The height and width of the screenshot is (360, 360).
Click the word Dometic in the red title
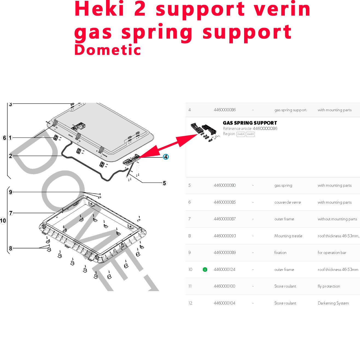pos(107,50)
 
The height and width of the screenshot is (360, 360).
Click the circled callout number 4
pos(166,157)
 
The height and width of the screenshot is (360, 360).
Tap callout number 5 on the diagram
pos(164,183)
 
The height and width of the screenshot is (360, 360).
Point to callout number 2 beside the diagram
pos(10,156)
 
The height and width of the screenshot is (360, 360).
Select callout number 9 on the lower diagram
pos(11,192)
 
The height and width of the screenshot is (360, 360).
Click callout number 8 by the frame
pos(11,248)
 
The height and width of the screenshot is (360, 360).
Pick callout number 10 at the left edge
pos(3,221)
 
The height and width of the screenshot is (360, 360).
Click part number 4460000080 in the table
pos(225,185)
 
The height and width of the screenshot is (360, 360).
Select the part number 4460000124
pos(225,270)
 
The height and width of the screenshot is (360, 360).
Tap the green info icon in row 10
pos(205,270)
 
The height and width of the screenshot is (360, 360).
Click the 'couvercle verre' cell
pos(288,202)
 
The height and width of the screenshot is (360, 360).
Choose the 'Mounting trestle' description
pos(288,236)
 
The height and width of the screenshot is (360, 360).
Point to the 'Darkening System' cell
pos(333,303)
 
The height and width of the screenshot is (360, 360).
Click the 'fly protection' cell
pos(329,286)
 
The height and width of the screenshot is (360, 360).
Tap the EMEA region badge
pos(241,134)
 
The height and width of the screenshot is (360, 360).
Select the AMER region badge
pos(250,134)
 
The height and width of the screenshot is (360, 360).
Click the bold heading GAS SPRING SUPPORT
pos(250,123)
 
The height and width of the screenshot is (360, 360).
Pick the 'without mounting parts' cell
pos(337,219)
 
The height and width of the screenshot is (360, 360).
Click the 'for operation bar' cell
pos(332,253)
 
